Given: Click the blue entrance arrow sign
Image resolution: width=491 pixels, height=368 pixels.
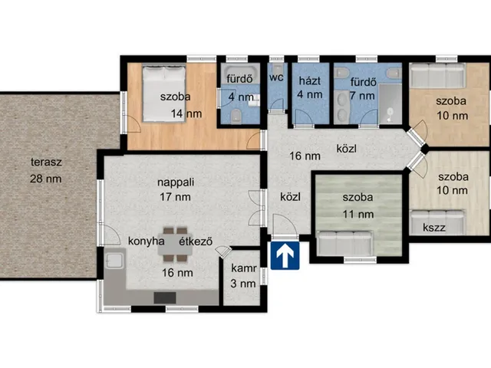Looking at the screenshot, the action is click(285, 255).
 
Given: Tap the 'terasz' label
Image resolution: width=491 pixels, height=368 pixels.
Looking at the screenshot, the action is click(46, 162).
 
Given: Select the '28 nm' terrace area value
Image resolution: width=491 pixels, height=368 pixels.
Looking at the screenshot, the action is click(46, 179).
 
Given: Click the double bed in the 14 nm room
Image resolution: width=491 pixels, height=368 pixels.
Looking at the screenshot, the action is click(164, 93).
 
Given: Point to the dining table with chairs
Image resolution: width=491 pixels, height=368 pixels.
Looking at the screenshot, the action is click(175, 244).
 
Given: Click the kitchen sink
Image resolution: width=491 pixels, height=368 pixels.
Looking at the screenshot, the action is click(114, 261).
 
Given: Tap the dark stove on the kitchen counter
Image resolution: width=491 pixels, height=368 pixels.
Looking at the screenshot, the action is click(165, 298).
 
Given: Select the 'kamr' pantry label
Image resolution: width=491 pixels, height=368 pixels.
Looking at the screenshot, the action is click(244, 268).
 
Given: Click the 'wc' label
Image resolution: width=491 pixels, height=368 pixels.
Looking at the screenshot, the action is click(276, 77).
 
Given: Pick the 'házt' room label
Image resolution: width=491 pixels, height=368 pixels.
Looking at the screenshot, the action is click(310, 80).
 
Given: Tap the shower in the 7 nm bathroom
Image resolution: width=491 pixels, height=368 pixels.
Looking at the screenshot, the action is click(390, 104).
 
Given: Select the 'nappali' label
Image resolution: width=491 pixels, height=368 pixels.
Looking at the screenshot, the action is click(176, 182).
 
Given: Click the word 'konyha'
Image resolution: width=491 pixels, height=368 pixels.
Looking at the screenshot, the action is click(147, 241).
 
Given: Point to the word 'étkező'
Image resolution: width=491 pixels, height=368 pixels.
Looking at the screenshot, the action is click(196, 242).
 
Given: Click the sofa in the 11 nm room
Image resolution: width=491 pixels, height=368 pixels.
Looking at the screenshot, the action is click(344, 244).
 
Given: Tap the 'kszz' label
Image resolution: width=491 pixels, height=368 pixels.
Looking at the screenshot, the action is click(434, 228).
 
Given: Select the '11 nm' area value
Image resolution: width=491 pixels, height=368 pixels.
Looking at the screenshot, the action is click(358, 215).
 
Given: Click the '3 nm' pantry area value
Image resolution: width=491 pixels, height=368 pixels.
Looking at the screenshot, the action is click(243, 284).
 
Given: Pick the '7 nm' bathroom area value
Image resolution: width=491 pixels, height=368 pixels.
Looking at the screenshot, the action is click(362, 96).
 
